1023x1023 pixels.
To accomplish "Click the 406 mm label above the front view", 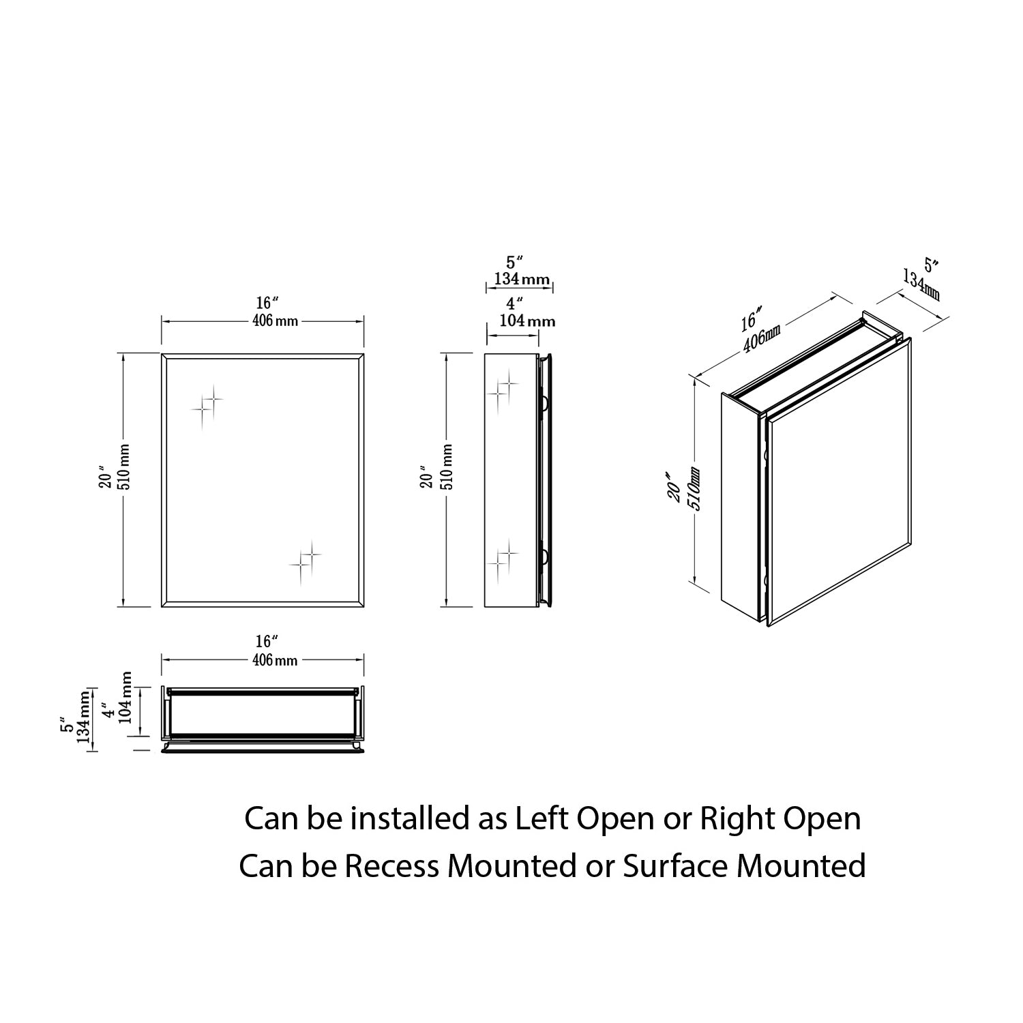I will [275, 321].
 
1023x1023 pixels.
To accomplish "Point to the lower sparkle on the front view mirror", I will [306, 560].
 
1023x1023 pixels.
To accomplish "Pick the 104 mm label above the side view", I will [527, 321].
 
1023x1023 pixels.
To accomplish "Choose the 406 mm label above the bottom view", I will [275, 659].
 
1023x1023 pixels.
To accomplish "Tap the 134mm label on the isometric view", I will [921, 285].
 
